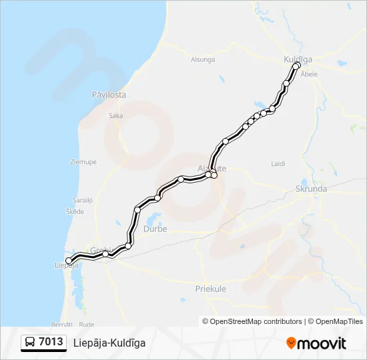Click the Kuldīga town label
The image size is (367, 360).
(x=298, y=59)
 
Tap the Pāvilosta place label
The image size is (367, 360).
(x=109, y=95)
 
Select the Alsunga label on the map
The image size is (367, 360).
(x=203, y=59)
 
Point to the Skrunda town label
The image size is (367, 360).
(x=311, y=189)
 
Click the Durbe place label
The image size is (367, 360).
(x=155, y=229)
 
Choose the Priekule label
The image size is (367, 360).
(x=210, y=289)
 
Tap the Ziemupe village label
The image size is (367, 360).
(x=83, y=161)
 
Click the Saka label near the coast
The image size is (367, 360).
(x=115, y=115)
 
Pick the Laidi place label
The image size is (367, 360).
(x=278, y=163)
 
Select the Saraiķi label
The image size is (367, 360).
(x=83, y=199)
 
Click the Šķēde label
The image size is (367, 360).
(x=75, y=211)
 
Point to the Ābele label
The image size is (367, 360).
(x=309, y=74)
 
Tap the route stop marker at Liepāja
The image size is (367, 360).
(x=69, y=261)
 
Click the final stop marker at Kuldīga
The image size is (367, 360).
(x=296, y=66)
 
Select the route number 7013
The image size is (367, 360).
(x=51, y=343)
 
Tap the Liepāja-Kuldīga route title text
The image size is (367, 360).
(x=109, y=343)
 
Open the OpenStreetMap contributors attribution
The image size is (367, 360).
(x=252, y=321)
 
